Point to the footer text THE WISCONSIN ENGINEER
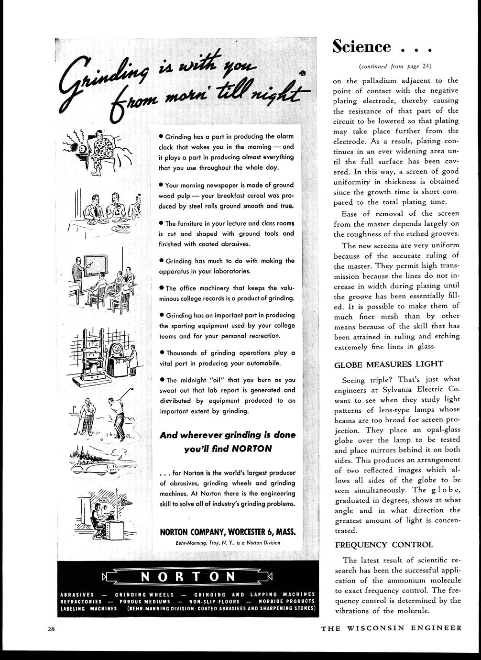point(392,628)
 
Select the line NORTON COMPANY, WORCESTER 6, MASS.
point(227,532)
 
